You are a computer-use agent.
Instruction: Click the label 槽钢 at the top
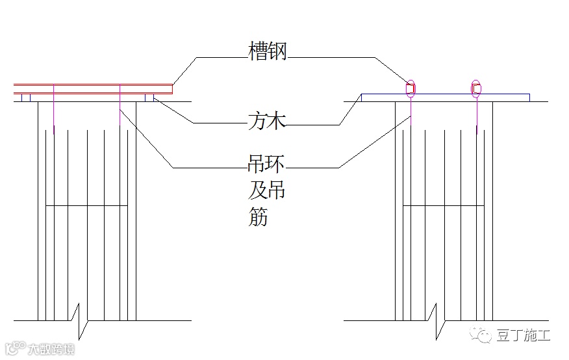pos(267,52)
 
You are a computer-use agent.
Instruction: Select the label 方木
pos(267,120)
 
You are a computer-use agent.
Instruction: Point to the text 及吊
pos(267,190)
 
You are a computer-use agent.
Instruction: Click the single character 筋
pos(258,216)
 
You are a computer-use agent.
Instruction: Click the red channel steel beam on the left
pos(94,88)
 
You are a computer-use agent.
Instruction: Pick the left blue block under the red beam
pos(25,97)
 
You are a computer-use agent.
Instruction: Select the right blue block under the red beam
pos(149,97)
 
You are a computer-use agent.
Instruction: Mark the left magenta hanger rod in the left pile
pos(55,110)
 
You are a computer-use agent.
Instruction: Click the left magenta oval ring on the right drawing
pos(411,88)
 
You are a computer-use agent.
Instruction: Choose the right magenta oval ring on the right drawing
pos(476,88)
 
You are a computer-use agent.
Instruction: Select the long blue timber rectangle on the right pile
pos(445,97)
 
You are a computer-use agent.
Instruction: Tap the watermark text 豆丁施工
pos(523,335)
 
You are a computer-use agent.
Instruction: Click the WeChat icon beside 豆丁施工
pos(483,335)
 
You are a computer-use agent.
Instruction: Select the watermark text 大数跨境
pos(51,350)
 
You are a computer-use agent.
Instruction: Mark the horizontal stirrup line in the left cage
pos(87,206)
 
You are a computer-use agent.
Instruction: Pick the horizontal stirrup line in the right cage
pos(445,206)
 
